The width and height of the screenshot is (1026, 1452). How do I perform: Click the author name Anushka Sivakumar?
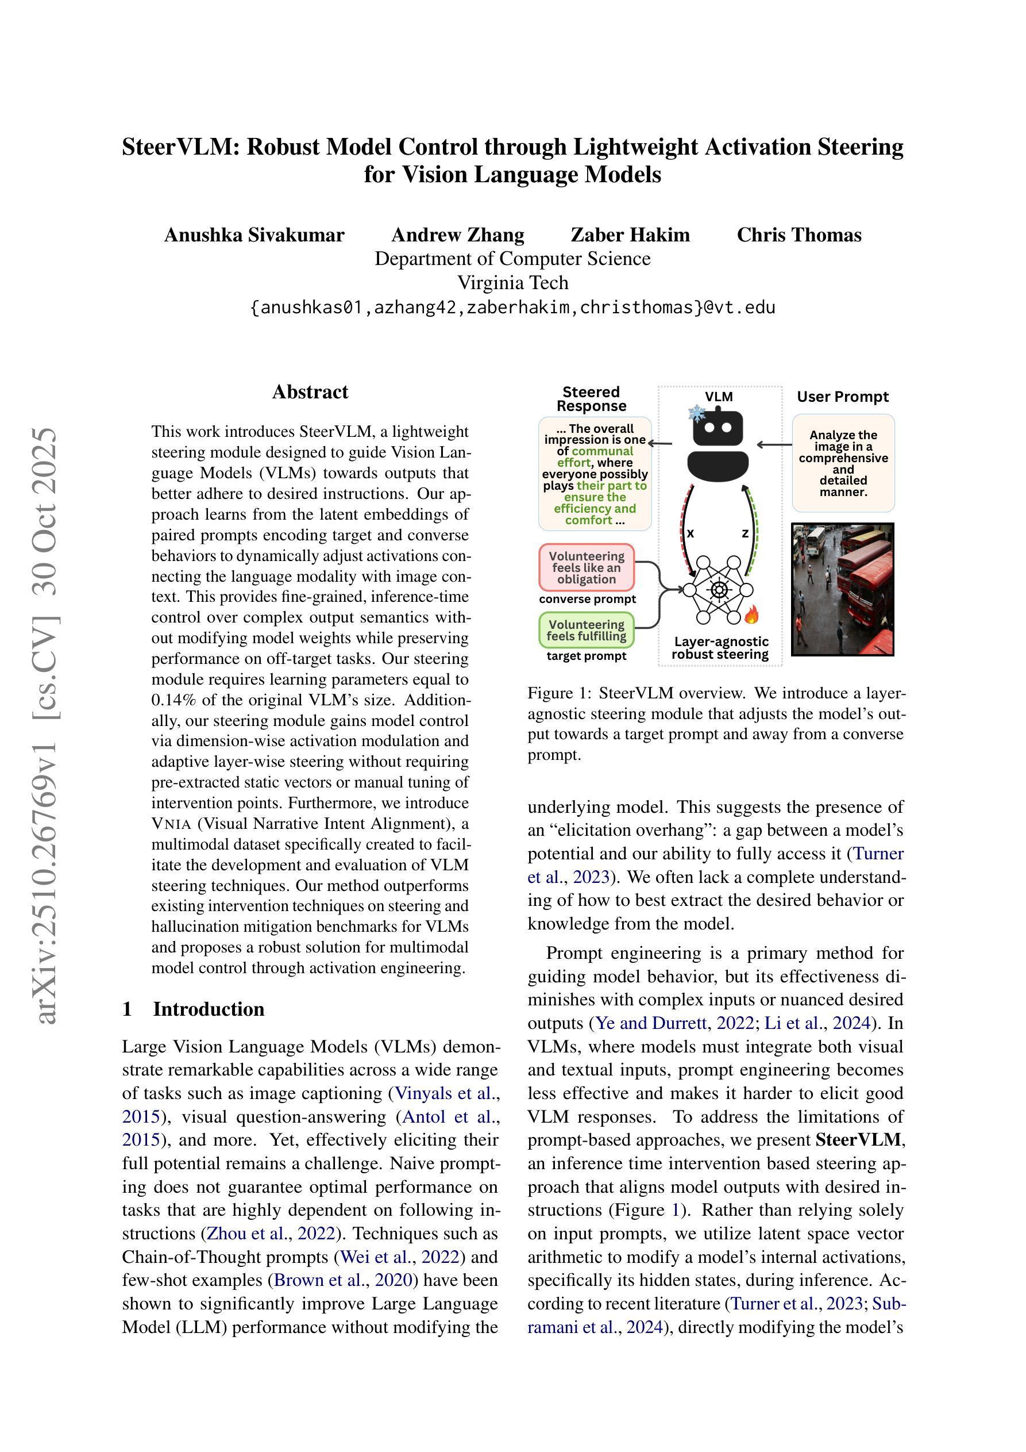254,235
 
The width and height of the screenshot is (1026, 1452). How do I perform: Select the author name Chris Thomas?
799,235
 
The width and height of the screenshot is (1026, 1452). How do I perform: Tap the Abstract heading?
310,392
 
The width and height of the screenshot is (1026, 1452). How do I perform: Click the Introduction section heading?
208,1009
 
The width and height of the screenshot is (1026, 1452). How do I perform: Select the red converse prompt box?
586,567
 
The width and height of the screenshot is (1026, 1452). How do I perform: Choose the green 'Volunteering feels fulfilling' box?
586,630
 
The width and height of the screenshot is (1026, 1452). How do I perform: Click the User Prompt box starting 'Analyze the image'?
843,463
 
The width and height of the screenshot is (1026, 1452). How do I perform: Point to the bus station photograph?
843,589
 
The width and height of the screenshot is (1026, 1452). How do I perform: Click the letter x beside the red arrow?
691,533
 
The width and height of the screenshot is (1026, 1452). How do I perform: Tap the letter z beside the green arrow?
745,533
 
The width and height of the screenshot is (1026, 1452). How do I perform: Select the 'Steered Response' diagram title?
591,399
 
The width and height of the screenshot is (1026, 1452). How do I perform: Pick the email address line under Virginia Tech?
512,308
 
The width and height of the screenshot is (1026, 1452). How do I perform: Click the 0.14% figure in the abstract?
172,700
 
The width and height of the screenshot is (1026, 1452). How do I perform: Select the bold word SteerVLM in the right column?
857,1140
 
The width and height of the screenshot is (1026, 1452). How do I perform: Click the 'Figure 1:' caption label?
559,693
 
